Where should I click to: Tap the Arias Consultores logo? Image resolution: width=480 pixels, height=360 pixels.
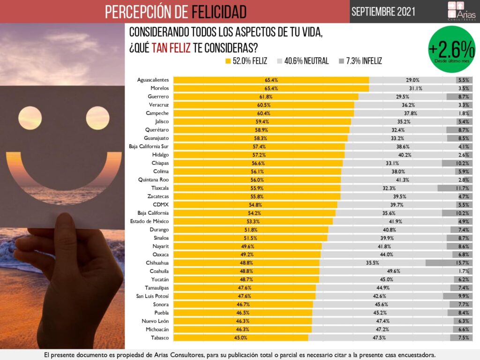(x=461, y=12)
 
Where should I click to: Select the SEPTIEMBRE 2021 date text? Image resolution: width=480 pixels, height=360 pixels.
(x=383, y=11)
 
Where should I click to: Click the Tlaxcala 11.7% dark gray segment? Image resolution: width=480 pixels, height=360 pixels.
(x=455, y=188)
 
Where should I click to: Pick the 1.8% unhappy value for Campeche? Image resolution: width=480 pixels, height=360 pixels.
(x=464, y=113)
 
